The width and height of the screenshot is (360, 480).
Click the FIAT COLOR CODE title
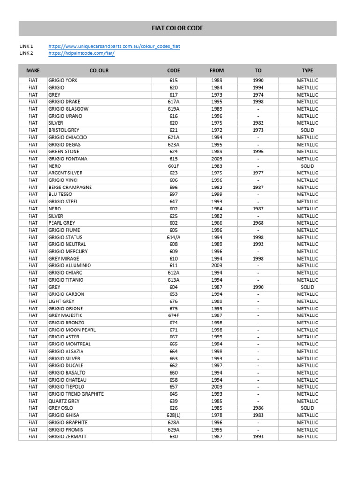coord(177,28)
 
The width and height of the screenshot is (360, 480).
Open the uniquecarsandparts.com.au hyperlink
coord(114,46)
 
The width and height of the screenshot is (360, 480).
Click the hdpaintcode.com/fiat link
coord(81,53)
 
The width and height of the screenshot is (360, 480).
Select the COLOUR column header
coord(99,70)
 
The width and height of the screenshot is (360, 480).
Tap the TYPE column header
coord(307,70)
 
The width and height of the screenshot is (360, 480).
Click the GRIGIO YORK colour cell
coord(63,80)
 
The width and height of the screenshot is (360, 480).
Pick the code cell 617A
coord(173,102)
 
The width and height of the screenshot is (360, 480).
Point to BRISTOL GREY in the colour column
coord(64,130)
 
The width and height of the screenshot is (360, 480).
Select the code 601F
coord(173,166)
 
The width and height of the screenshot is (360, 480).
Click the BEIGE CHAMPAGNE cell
coord(70,187)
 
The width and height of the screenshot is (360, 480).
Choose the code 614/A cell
coord(173,237)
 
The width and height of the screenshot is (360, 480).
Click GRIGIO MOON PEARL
coord(72,330)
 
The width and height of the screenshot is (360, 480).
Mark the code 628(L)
coord(173,415)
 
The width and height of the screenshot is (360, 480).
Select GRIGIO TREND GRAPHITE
coord(76,394)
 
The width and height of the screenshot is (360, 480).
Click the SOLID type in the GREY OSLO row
coord(307,408)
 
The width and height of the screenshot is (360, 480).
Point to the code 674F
coord(173,315)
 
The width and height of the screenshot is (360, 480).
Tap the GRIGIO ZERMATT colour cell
coord(67,437)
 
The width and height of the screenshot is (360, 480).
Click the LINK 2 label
coord(26,53)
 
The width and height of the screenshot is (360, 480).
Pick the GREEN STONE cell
coord(64,152)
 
